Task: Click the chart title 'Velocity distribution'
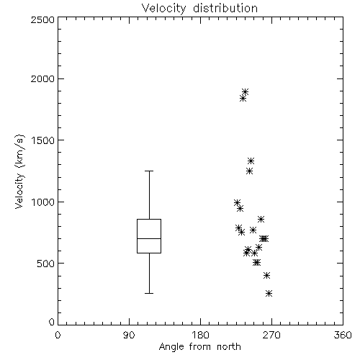[x=199, y=8]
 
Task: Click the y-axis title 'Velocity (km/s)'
[x=19, y=171]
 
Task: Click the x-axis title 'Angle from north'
[x=199, y=346]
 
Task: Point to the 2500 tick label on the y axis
[x=42, y=19]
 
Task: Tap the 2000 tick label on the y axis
[x=42, y=78]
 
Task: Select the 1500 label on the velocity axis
[x=43, y=140]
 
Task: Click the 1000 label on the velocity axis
[x=43, y=202]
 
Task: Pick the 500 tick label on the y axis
[x=46, y=264]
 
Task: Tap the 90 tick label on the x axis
[x=129, y=335]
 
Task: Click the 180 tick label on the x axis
[x=200, y=335]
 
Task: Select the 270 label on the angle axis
[x=271, y=335]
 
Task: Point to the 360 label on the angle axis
[x=343, y=335]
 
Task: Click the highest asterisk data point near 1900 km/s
[x=245, y=91]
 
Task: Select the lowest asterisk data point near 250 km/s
[x=269, y=293]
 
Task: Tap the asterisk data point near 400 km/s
[x=266, y=275]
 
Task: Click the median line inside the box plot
[x=149, y=238]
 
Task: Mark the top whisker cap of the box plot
[x=149, y=171]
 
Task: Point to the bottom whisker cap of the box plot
[x=149, y=293]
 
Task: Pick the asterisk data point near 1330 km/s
[x=251, y=161]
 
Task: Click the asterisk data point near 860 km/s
[x=261, y=219]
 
